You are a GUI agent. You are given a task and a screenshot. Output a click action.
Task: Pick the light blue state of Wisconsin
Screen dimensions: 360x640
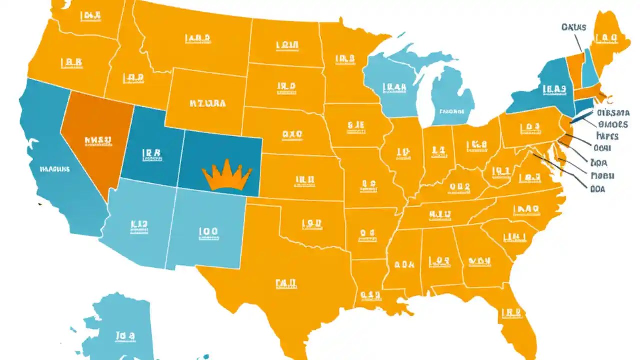click(392, 90)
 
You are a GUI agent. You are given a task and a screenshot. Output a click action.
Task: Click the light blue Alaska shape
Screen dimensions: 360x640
click(120, 330)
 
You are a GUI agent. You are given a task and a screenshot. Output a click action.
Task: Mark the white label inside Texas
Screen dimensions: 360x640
click(286, 284)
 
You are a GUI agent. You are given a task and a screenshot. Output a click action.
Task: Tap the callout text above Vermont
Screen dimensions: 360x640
click(573, 27)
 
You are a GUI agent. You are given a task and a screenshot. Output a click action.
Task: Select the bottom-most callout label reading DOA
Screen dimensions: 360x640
click(598, 189)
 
